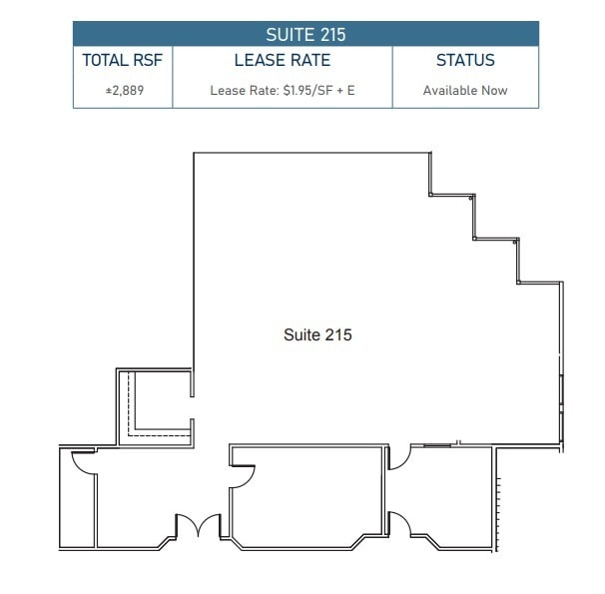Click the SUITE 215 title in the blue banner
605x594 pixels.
point(305,35)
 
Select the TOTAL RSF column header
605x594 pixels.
point(122,61)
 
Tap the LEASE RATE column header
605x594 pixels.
point(282,61)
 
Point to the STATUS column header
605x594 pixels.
point(465,61)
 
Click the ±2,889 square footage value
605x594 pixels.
point(122,91)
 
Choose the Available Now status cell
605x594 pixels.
point(465,91)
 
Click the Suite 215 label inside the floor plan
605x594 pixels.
point(317,335)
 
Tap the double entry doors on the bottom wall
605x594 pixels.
point(198,526)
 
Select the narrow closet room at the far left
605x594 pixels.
point(77,504)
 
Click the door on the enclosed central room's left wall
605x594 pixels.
point(242,474)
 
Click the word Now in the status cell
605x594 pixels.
point(494,91)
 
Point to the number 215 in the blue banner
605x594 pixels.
point(331,35)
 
